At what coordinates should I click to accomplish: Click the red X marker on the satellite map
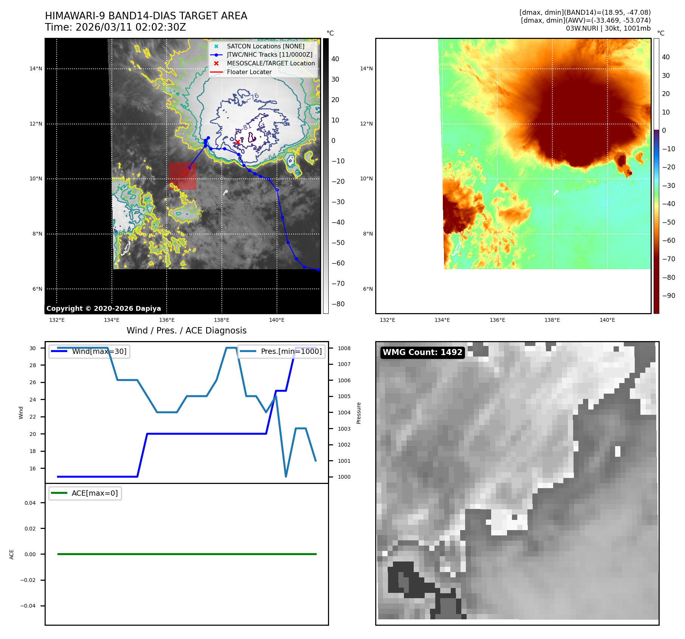(238, 142)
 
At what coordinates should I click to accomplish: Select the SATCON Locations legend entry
(265, 46)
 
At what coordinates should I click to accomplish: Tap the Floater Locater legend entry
(249, 72)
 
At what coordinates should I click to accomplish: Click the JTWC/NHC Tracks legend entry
(269, 54)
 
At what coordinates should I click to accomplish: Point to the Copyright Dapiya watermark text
(104, 309)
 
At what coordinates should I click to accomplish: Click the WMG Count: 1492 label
(422, 352)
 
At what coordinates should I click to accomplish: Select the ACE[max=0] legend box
(85, 493)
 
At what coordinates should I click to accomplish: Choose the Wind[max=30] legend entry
(90, 351)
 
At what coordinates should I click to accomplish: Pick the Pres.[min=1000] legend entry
(281, 351)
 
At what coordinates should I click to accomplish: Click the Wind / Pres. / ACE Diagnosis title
(186, 330)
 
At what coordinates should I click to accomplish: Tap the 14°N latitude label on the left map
(36, 68)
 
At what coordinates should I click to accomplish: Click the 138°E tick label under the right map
(552, 320)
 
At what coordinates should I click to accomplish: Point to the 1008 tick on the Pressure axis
(344, 348)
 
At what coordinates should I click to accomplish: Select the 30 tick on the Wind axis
(33, 348)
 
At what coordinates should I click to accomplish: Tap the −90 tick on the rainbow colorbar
(668, 296)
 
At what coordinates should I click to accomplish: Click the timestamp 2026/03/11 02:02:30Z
(130, 28)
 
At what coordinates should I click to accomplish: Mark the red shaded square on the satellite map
(182, 176)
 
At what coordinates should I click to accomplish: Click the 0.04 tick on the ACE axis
(30, 503)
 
